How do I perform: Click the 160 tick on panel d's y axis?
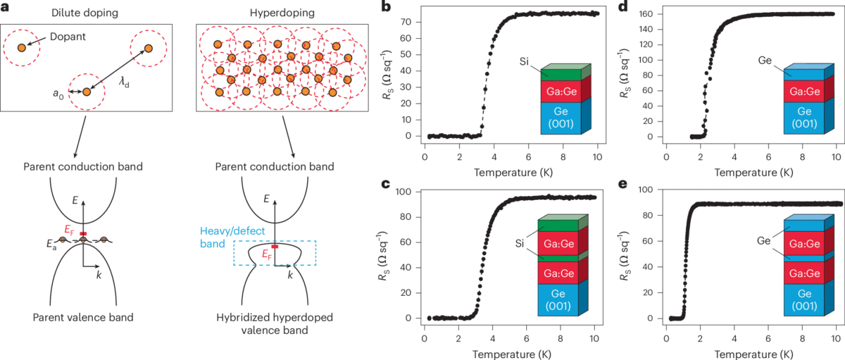(649, 13)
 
